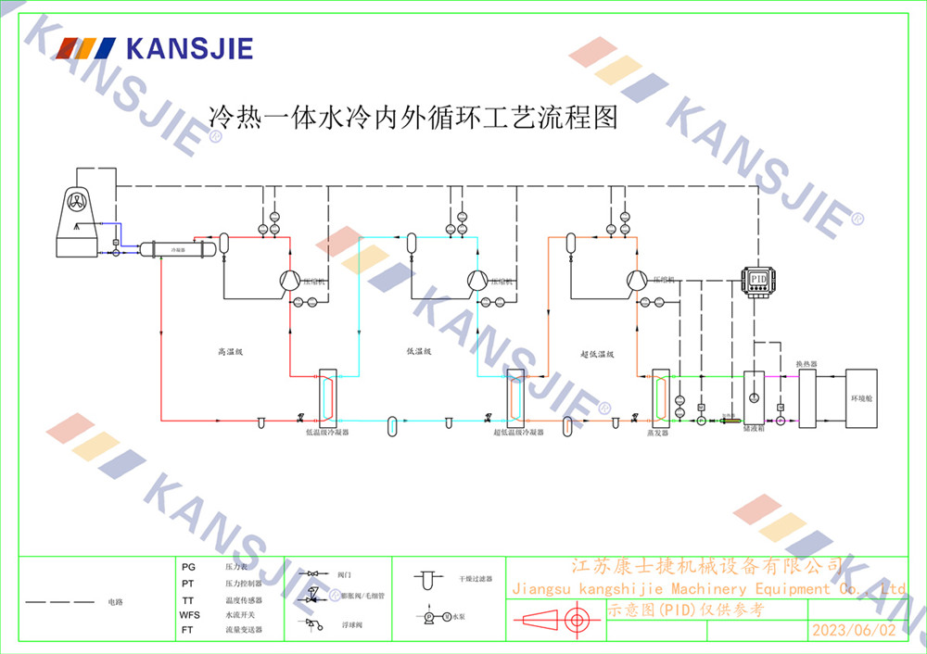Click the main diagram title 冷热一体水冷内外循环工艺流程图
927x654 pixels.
(x=413, y=118)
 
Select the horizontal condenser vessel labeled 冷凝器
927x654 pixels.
(x=177, y=248)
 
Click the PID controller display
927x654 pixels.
(x=758, y=279)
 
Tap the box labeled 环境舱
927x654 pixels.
(x=861, y=398)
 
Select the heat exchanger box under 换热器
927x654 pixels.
(x=807, y=398)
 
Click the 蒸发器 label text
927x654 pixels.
(x=657, y=432)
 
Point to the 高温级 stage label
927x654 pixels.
(x=229, y=352)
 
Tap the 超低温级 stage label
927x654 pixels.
(x=598, y=354)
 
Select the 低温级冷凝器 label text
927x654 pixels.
(x=327, y=432)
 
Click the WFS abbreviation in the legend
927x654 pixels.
(x=189, y=614)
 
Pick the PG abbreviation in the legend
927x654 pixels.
(x=188, y=566)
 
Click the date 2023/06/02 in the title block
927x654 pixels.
(x=854, y=630)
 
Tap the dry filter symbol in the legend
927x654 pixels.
(x=426, y=578)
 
